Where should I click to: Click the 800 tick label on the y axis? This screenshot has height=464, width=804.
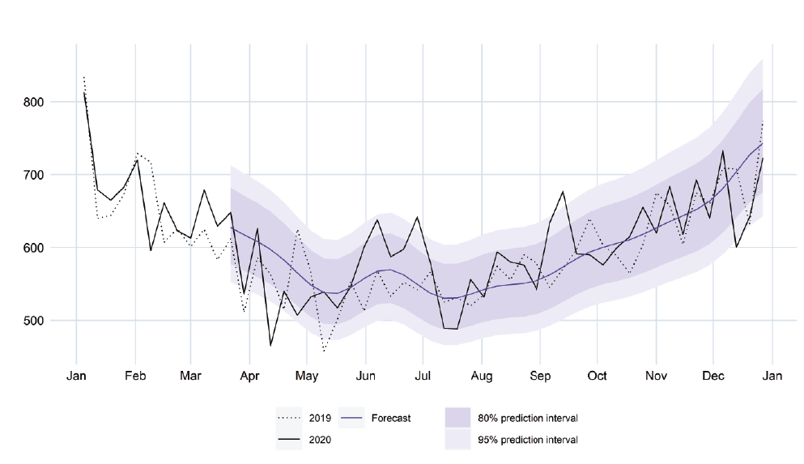34,102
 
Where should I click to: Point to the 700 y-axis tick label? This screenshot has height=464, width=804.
34,175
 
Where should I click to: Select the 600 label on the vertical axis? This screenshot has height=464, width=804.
34,248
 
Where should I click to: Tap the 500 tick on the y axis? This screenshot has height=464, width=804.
34,321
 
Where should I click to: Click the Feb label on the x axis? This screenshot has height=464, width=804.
135,376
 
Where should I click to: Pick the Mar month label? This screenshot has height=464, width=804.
190,376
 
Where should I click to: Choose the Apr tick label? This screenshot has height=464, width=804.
250,376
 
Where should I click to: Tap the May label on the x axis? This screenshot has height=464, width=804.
307,376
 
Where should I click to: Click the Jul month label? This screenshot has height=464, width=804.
423,376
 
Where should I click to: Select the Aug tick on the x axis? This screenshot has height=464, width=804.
482,376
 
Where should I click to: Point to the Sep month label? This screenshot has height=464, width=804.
540,376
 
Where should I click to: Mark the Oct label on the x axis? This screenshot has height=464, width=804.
598,376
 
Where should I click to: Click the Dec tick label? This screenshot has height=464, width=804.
713,376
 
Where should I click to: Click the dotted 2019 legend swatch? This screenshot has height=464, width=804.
289,418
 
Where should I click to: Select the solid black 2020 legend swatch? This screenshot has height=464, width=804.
289,440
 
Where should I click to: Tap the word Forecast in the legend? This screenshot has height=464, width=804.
391,419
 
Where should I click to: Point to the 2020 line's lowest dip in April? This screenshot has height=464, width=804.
270,346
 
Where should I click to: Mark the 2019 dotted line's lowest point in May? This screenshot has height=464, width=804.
324,351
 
